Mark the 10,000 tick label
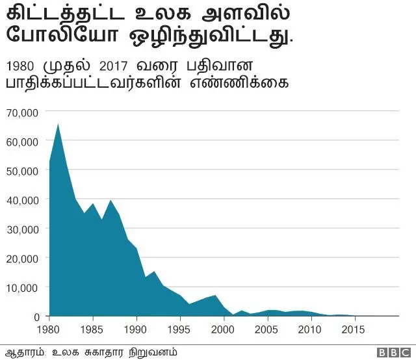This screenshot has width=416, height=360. click(24, 287)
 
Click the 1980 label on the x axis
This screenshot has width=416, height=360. click(49, 329)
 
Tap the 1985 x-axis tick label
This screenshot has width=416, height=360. click(94, 329)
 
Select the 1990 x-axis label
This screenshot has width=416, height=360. click(137, 329)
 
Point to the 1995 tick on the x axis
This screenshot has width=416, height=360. click(181, 329)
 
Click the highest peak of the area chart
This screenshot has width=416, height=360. click(58, 123)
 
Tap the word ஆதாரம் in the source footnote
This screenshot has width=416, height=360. click(23, 352)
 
